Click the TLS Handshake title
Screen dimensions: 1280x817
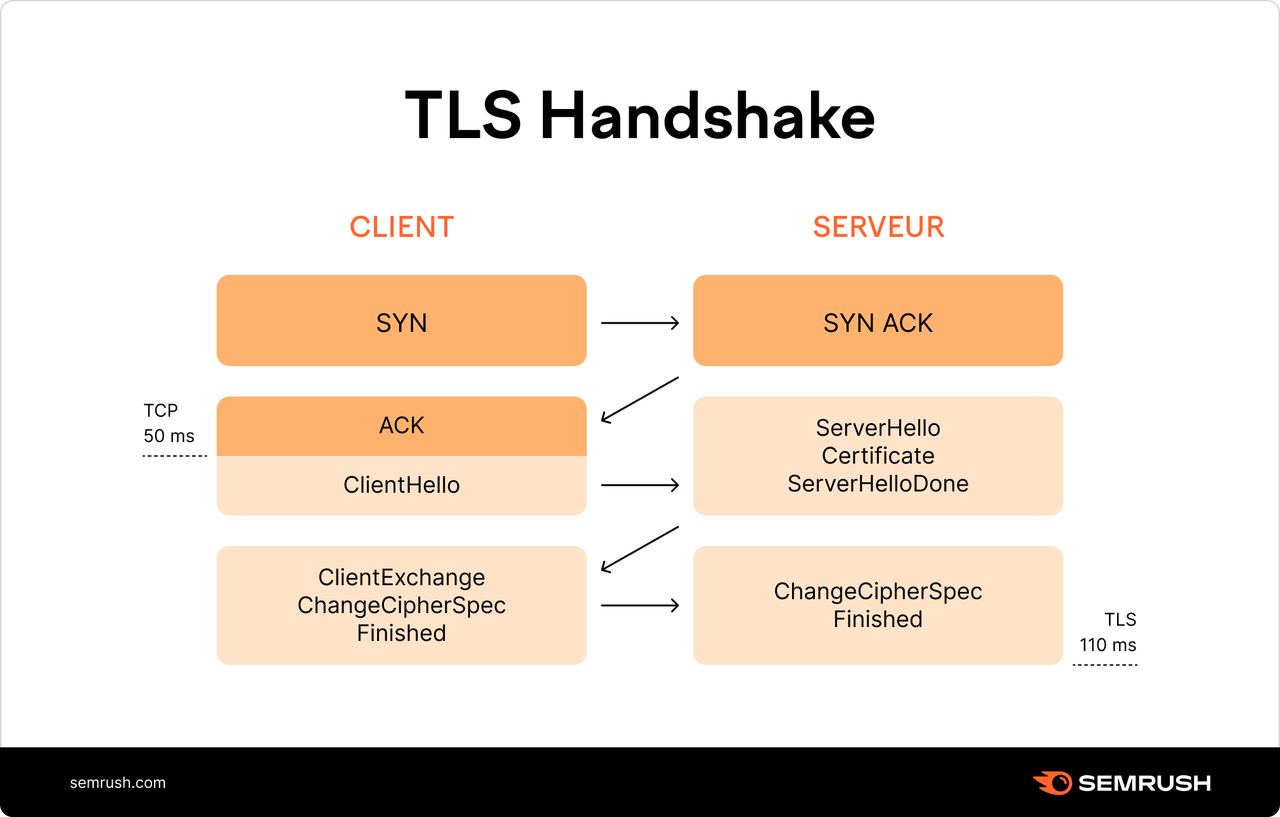pos(640,115)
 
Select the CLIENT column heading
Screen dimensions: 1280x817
pos(402,227)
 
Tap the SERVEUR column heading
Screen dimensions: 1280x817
pos(878,227)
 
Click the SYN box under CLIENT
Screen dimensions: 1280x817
pos(402,320)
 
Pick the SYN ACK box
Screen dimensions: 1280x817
pos(878,320)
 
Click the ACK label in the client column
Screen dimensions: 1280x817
pos(402,425)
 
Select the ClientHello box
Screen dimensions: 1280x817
pos(402,485)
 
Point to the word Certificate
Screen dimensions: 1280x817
pos(878,456)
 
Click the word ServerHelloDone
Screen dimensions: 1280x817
pos(878,484)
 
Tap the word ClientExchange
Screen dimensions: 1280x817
pos(402,578)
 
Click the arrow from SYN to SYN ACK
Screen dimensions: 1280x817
pos(640,323)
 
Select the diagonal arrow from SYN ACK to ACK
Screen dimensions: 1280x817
pos(640,400)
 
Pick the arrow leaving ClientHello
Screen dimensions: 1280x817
pos(640,485)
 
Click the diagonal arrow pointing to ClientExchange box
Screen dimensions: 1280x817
pos(640,550)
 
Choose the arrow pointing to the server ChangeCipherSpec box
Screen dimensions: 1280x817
pos(640,605)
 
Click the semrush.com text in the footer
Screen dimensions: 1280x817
pos(118,783)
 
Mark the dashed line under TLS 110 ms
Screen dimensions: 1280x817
pos(1105,665)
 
